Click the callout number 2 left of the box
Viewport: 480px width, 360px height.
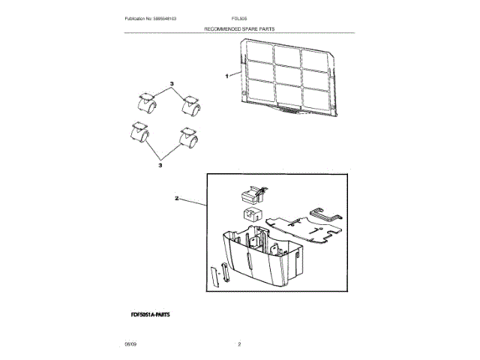coord(177,199)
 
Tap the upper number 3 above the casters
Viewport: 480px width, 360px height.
coord(171,82)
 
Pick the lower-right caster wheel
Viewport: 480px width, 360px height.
coord(187,138)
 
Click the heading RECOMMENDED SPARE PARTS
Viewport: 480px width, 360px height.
coord(239,28)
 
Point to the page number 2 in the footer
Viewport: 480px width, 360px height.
coord(238,343)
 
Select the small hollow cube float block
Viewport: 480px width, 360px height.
coord(250,216)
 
